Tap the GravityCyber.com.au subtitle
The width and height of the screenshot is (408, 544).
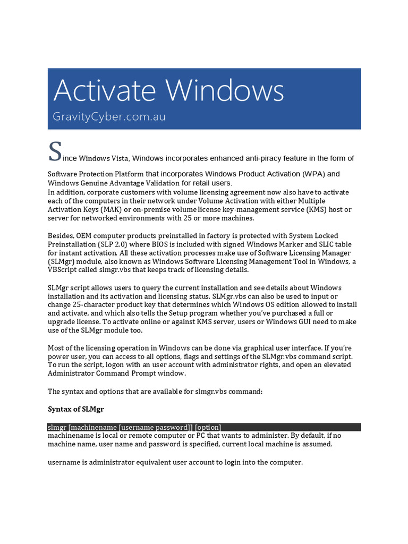[109, 116]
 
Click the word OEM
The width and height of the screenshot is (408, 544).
[86, 235]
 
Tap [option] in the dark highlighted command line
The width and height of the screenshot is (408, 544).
[208, 427]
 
